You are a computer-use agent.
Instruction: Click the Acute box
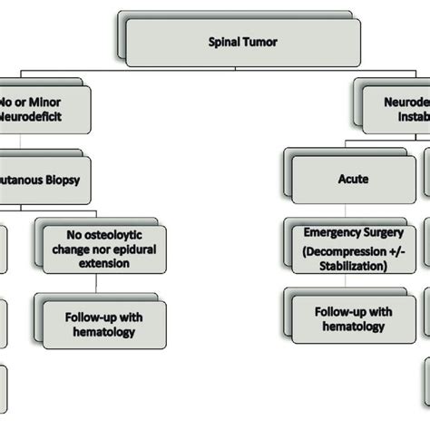pyautogui.click(x=351, y=179)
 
